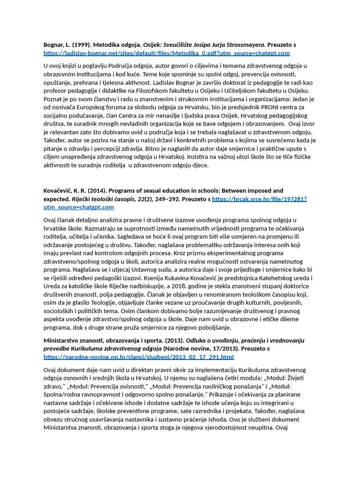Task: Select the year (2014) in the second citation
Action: [x=96, y=191]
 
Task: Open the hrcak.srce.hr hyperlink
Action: [x=259, y=199]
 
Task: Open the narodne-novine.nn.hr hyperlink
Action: [x=139, y=357]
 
